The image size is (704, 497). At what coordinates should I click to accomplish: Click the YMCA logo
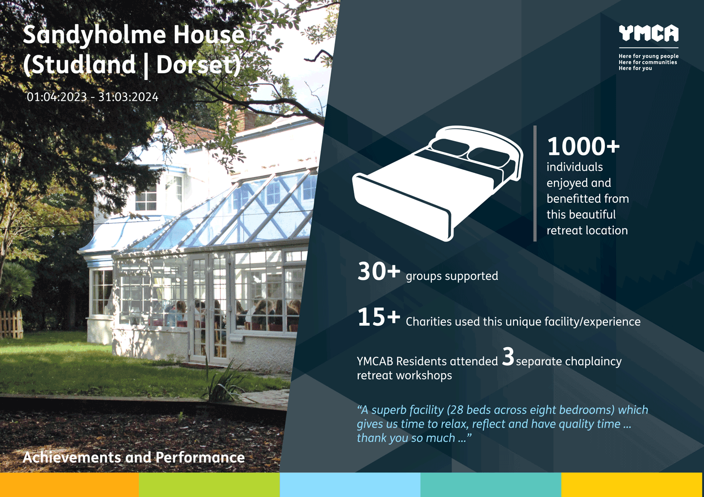point(648,33)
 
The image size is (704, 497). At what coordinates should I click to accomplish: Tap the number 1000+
point(583,146)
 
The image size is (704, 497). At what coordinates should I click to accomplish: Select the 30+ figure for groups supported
point(379,271)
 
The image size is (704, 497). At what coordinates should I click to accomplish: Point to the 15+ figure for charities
point(379,317)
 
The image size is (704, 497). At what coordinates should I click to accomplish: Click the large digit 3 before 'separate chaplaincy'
point(508,356)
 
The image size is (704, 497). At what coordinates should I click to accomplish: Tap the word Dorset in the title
point(199,64)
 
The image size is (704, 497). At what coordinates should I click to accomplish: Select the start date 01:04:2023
point(57,97)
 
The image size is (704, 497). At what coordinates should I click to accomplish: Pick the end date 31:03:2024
point(128,97)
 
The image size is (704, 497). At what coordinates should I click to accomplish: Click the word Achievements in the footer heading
point(72,457)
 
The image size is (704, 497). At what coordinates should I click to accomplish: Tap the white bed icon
point(437,183)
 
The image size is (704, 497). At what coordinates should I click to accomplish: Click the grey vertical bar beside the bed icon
point(535,183)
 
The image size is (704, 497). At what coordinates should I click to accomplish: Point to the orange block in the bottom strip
point(69,485)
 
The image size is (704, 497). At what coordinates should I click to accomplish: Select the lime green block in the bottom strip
point(209,485)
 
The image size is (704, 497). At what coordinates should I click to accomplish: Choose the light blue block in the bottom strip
point(350,485)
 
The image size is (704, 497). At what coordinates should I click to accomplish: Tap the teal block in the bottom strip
point(490,485)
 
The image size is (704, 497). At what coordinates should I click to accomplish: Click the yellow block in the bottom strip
point(632,485)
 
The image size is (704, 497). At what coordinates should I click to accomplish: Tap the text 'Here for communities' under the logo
point(648,62)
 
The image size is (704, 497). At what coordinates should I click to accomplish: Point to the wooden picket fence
point(11,324)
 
